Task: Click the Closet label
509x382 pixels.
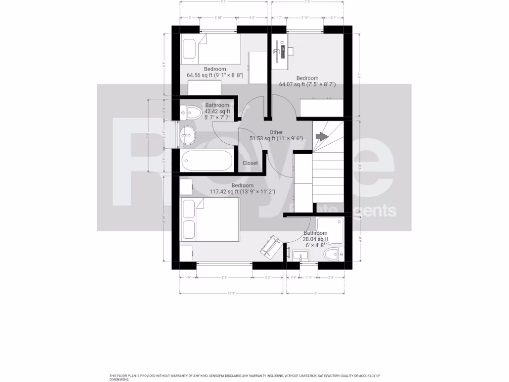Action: (x=250, y=163)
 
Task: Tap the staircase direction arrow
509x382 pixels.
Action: (x=322, y=136)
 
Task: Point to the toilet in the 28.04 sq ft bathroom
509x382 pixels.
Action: (x=331, y=256)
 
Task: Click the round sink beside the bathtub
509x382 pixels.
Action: (x=187, y=133)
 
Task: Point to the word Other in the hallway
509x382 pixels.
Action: (x=276, y=132)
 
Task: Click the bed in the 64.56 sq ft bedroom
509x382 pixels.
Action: (x=210, y=49)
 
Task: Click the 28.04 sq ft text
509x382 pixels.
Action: (x=316, y=239)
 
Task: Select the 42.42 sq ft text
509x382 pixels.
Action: (x=217, y=112)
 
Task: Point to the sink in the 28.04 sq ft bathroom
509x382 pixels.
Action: (x=300, y=256)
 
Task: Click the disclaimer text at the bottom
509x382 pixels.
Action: (x=245, y=377)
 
